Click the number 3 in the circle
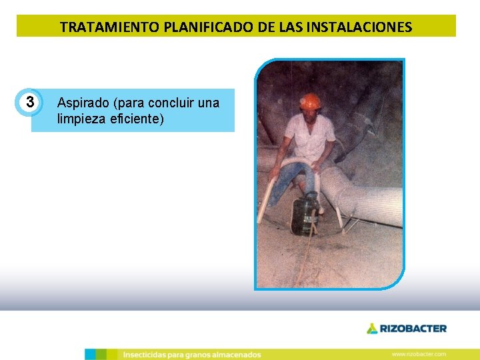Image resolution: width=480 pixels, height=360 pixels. click(x=29, y=103)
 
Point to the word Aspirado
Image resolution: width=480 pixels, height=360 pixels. click(x=83, y=103)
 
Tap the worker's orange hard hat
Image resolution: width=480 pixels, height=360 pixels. click(x=310, y=101)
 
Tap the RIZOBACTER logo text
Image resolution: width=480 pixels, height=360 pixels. click(x=413, y=328)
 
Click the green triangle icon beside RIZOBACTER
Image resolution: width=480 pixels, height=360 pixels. click(x=372, y=328)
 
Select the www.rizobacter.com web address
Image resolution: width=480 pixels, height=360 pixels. click(x=419, y=354)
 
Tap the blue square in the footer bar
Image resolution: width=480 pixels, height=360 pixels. click(x=90, y=354)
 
